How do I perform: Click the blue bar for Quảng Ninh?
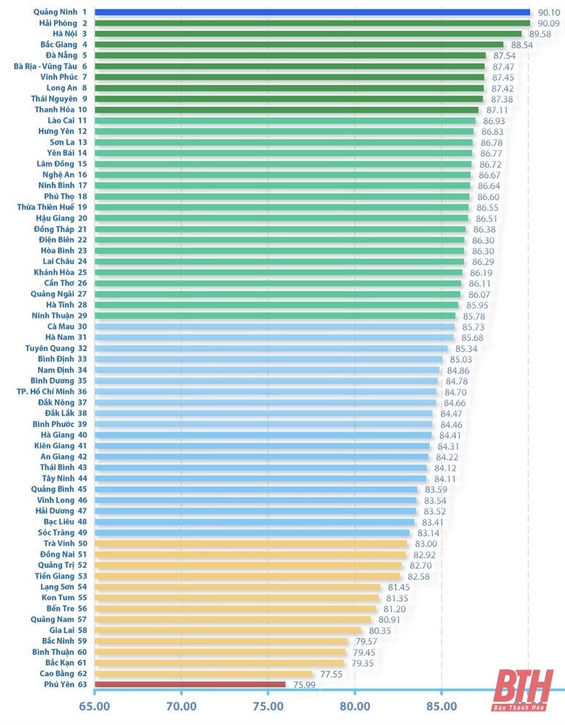point(312,12)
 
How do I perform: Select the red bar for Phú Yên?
point(190,685)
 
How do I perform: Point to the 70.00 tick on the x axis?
point(181,706)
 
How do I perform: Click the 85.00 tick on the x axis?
point(441,706)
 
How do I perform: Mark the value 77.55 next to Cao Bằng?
point(331,674)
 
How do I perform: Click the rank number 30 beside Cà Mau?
point(83,326)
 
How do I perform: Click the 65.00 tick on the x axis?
point(94,706)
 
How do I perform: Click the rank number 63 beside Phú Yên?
point(83,684)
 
